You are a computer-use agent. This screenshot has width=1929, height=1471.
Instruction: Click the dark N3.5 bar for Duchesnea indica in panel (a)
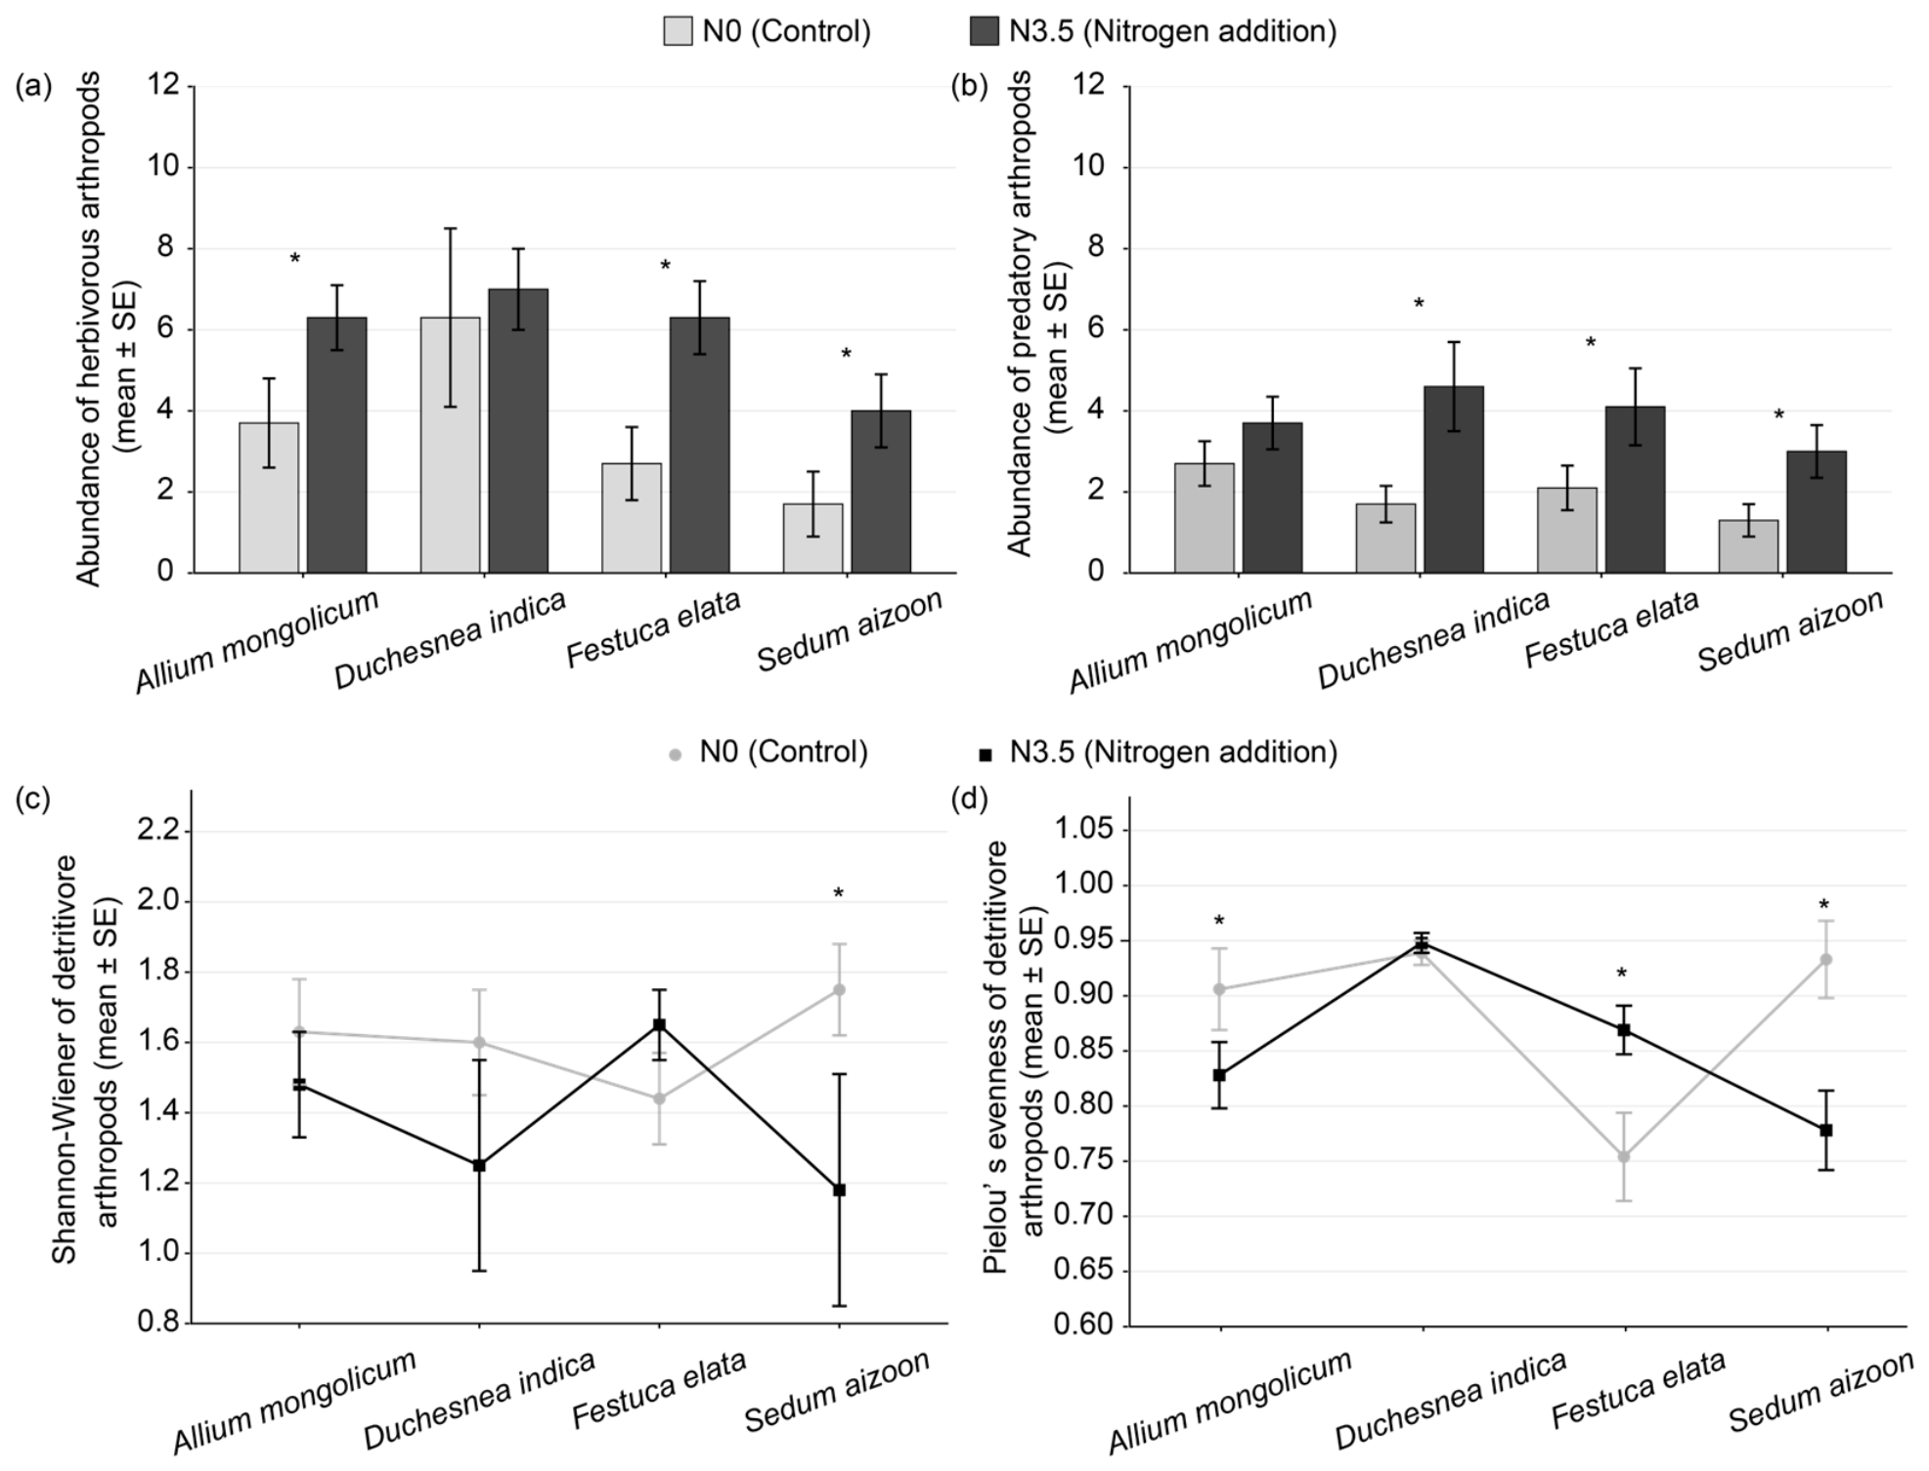pos(518,430)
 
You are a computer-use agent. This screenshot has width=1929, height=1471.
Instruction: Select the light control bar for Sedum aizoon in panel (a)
pos(812,538)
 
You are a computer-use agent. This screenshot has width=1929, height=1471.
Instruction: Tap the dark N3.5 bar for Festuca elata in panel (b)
pos(1635,489)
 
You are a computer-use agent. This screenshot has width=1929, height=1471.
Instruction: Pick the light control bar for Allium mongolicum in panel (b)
pos(1205,517)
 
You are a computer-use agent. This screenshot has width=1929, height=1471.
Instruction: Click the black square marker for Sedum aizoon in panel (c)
pos(839,1190)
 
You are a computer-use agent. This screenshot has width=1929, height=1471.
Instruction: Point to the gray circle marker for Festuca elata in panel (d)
pos(1624,1156)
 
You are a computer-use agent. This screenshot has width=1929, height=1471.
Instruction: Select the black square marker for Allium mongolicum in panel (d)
pos(1219,1074)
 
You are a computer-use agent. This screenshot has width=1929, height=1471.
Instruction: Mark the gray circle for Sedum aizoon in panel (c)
pos(839,989)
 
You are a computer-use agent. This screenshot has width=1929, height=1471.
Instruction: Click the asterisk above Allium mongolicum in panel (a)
pos(295,259)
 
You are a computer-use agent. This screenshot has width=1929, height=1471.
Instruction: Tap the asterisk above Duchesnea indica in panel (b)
pos(1419,304)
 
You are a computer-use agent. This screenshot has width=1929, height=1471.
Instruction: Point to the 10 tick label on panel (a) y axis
pos(165,166)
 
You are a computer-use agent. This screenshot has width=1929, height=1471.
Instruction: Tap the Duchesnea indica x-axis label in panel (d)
pos(1451,1400)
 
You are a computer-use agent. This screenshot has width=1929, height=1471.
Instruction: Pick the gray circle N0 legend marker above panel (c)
pos(674,754)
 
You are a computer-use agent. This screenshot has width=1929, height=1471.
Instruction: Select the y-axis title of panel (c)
pos(85,1059)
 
